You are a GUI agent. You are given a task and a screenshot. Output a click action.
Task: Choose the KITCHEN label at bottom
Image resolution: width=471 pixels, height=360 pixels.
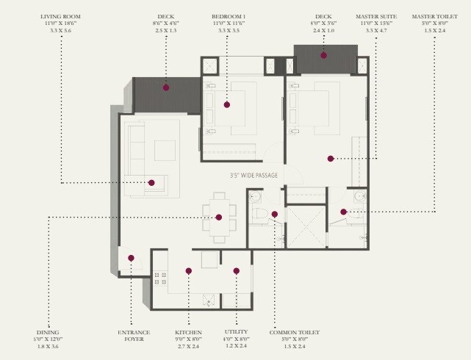tap(188, 332)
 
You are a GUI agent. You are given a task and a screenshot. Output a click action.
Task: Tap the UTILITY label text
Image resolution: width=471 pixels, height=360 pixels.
tap(236, 332)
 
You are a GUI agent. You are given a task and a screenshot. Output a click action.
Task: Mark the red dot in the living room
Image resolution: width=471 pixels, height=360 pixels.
tap(151, 182)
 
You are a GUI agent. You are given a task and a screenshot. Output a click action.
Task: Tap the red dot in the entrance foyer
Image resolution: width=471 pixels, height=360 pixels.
tap(131, 258)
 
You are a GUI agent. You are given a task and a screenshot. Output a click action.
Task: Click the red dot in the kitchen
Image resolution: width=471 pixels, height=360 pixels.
tap(189, 271)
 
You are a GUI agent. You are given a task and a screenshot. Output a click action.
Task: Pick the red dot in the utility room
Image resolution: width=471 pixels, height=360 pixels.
tap(236, 271)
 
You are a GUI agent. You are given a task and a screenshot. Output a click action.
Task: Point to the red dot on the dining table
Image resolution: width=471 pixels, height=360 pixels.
tap(219, 217)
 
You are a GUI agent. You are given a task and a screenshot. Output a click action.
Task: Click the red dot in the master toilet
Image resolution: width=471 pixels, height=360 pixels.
tap(343, 212)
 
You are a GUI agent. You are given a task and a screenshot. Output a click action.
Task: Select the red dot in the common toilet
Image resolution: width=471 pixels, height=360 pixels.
tap(274, 215)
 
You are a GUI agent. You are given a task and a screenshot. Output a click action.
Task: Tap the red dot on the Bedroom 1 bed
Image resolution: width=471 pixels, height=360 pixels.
tap(228, 104)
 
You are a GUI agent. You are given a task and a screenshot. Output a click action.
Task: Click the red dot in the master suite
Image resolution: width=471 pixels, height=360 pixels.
tap(331, 158)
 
